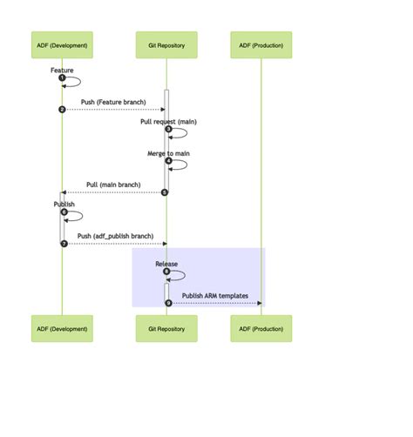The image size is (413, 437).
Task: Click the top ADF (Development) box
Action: click(62, 44)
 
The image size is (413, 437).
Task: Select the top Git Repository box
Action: click(166, 44)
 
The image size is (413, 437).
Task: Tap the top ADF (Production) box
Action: click(261, 44)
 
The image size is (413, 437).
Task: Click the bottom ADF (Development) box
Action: click(62, 328)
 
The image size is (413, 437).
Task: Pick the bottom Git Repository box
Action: click(166, 328)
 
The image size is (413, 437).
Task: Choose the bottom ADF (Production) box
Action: click(261, 328)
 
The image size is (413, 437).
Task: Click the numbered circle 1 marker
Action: click(62, 77)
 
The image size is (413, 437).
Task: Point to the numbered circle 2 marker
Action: click(62, 110)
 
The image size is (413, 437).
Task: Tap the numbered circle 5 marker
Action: click(165, 192)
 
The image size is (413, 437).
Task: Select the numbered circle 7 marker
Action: click(64, 244)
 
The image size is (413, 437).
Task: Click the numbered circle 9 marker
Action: click(168, 303)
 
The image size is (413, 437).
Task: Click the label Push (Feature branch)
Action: click(113, 102)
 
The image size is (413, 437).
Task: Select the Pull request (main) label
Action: click(168, 121)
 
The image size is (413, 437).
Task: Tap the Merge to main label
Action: click(168, 153)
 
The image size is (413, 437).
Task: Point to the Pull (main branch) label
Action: click(113, 185)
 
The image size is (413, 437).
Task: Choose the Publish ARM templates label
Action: click(214, 295)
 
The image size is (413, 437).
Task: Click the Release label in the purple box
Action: click(166, 263)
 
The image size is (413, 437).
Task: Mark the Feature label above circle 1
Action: click(62, 70)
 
